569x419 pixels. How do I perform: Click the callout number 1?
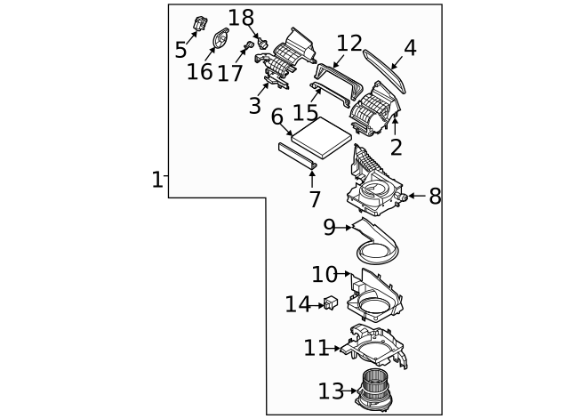pos(156,180)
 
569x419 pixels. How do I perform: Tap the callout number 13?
pos(330,391)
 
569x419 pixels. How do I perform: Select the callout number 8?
pos(435,197)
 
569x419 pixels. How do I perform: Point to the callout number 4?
pos(409,48)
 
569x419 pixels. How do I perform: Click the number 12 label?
pos(349,43)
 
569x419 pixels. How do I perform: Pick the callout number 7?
pos(315,201)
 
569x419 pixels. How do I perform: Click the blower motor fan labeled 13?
pos(374,390)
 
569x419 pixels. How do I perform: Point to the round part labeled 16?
pos(222,39)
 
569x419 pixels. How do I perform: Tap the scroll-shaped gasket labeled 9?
pos(378,243)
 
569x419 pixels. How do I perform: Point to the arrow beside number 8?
pos(414,196)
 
